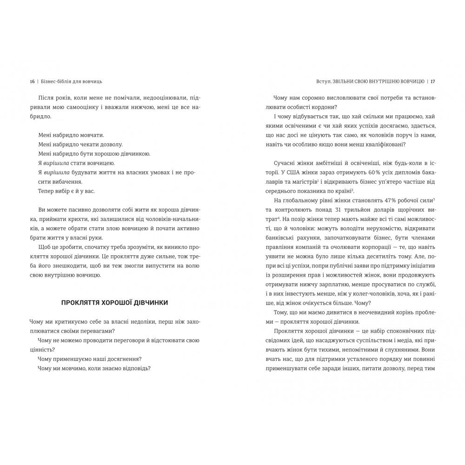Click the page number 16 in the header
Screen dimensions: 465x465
click(32, 81)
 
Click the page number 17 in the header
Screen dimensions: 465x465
click(432, 81)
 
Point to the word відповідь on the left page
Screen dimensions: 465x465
click(139, 368)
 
